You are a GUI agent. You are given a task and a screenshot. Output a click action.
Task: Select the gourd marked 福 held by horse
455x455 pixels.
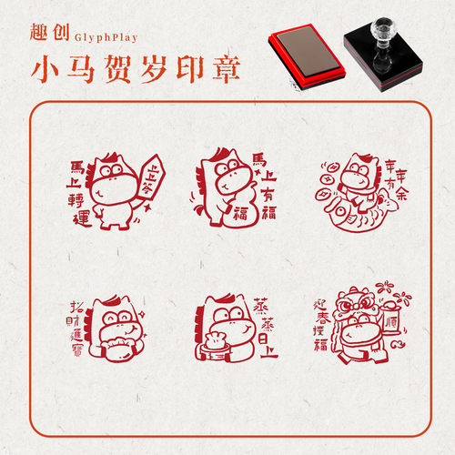241,208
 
